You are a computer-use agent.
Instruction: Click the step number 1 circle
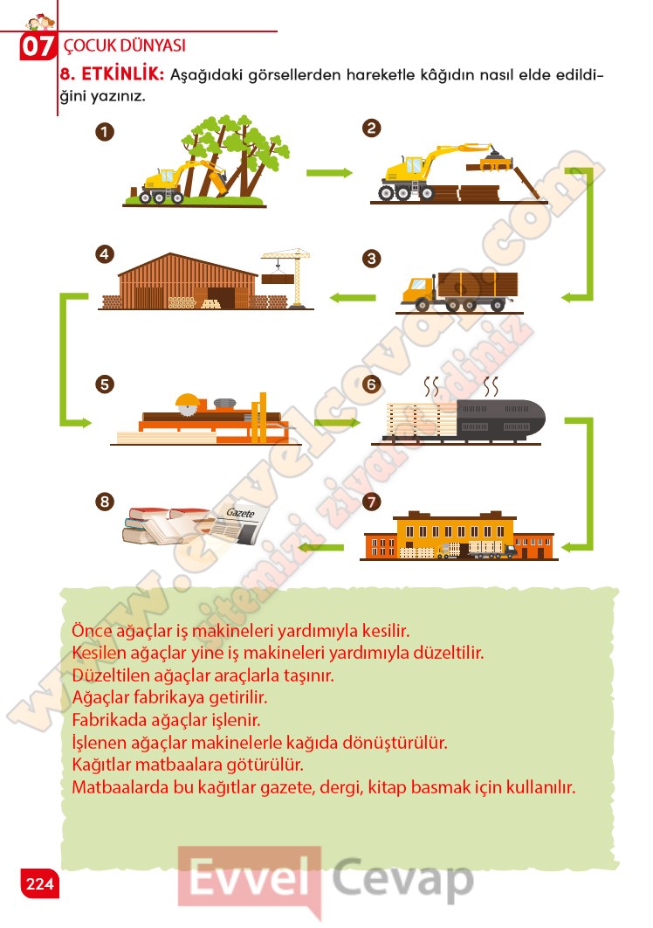click(x=105, y=131)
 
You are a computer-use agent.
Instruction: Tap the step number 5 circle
click(x=105, y=384)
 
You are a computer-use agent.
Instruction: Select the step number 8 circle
click(x=105, y=502)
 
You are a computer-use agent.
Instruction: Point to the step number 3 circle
click(x=371, y=258)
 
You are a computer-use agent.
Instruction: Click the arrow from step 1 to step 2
click(x=329, y=173)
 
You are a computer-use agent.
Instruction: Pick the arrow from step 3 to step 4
click(x=353, y=297)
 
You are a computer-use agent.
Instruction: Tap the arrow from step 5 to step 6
click(x=337, y=422)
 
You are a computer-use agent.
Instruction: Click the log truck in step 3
click(x=459, y=292)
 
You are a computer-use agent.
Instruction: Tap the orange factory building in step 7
click(x=458, y=535)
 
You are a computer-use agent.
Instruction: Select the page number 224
click(x=39, y=883)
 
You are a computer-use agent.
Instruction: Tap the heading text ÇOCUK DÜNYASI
click(x=124, y=45)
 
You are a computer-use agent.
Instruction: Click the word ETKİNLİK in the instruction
click(x=122, y=74)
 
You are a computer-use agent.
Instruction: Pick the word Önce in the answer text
click(x=92, y=630)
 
